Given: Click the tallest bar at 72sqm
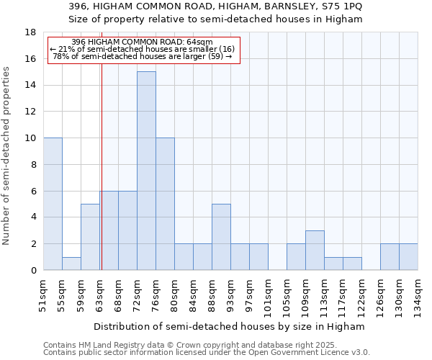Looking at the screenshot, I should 146,171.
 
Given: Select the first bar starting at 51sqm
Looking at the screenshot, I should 53,204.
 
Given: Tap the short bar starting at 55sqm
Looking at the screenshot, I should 71,264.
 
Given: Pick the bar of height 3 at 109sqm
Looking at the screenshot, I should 315,250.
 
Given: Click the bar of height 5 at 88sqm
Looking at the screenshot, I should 221,237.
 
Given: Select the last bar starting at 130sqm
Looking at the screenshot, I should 408,256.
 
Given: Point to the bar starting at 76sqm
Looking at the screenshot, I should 165,204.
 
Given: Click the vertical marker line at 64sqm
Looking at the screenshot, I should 102,166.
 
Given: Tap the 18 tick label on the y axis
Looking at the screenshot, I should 30,32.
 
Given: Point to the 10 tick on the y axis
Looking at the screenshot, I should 30,138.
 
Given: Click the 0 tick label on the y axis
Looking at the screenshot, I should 33,270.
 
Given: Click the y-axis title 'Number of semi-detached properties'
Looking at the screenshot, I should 7,156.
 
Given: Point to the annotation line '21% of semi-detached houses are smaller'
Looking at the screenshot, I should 143,49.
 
